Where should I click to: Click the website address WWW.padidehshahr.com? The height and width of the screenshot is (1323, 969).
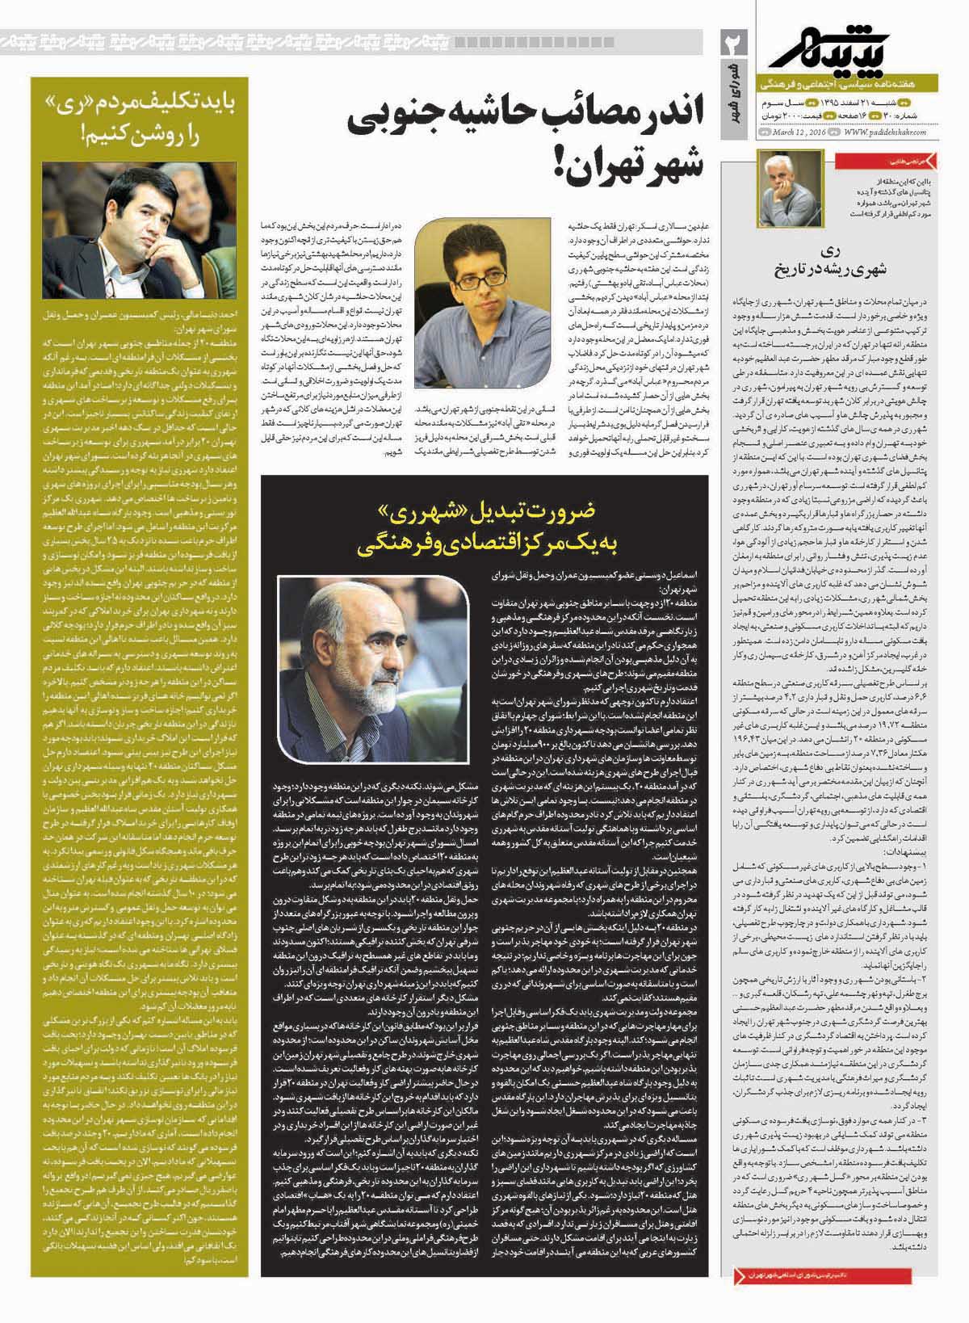[x=885, y=132]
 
